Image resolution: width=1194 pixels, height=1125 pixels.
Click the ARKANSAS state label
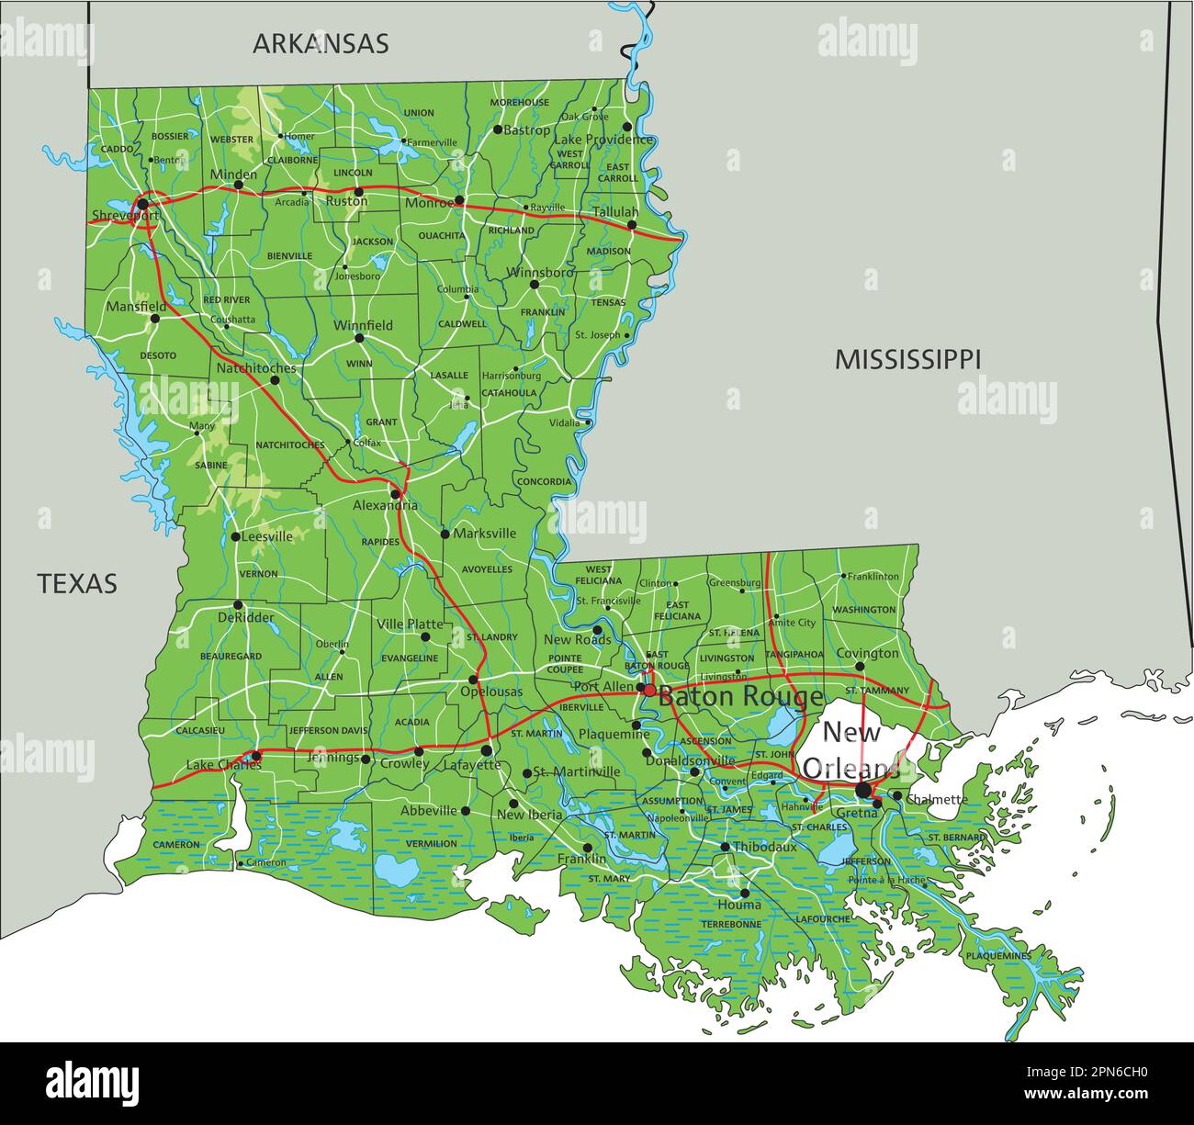point(321,43)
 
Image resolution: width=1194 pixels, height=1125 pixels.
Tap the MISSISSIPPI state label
point(907,359)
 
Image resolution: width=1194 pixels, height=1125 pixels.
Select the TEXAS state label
point(77,583)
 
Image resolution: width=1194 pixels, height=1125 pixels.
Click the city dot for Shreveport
point(143,203)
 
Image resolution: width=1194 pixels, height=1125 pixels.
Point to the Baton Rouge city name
point(740,697)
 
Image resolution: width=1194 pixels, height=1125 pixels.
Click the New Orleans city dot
point(863,790)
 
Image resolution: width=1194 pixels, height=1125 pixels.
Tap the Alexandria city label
point(385,506)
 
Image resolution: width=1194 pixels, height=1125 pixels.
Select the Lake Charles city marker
point(256,757)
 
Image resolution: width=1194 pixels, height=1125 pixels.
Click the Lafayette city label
point(467,764)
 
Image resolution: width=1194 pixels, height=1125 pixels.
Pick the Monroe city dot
point(459,199)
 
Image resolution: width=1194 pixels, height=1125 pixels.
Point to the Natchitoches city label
point(256,368)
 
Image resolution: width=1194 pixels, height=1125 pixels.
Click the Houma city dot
point(745,892)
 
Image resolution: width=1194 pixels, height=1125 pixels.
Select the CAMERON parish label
point(176,844)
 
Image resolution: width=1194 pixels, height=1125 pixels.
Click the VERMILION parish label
point(431,843)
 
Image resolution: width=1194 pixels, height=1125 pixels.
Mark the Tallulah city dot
point(632,224)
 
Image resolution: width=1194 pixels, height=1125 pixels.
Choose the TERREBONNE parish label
point(731,924)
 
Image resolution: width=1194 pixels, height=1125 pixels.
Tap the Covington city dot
point(860,667)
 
